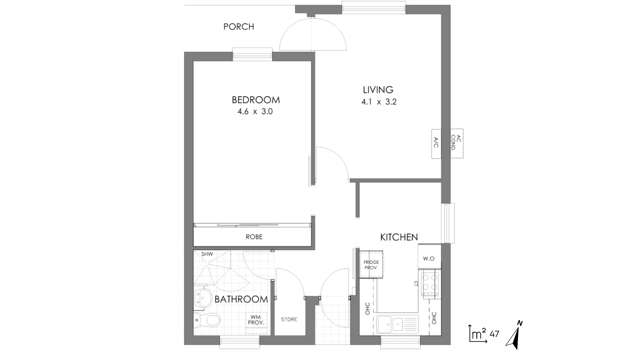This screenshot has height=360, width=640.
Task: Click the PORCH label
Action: click(x=239, y=27)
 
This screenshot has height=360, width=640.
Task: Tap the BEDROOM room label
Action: click(x=256, y=100)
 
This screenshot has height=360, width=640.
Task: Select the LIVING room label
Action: click(x=378, y=90)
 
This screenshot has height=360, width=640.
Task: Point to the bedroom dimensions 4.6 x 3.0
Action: click(x=255, y=112)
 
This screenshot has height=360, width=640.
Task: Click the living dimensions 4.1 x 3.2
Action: click(x=379, y=102)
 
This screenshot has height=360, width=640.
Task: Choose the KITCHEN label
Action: click(x=399, y=237)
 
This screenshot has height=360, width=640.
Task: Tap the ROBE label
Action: click(x=254, y=237)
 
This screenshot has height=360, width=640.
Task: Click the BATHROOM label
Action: click(x=241, y=299)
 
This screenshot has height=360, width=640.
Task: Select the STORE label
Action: click(x=289, y=319)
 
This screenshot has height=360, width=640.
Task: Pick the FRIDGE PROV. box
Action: click(x=371, y=265)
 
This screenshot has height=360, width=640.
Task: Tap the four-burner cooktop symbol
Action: click(x=430, y=284)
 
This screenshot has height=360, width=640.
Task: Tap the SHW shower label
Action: click(x=207, y=254)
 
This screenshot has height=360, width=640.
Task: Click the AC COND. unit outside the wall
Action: click(x=457, y=143)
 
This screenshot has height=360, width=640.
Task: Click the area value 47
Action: click(x=494, y=334)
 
